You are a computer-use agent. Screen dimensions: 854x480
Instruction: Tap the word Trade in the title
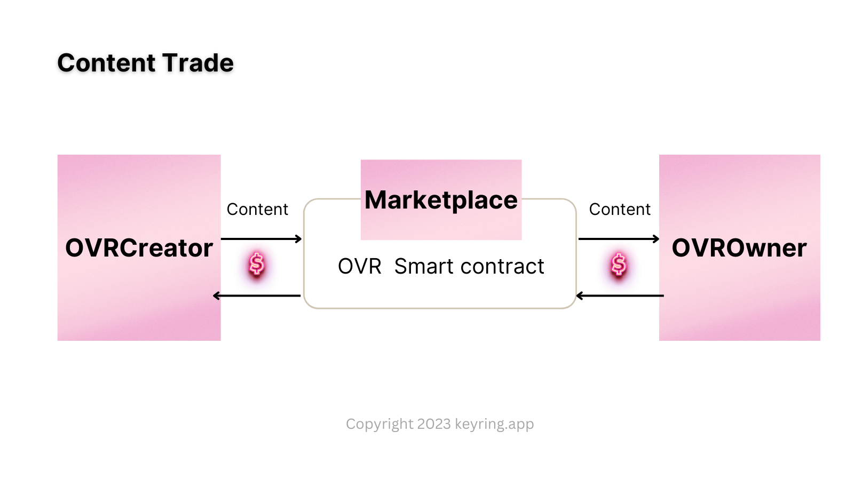click(198, 63)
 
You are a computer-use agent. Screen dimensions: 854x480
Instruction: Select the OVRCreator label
click(139, 248)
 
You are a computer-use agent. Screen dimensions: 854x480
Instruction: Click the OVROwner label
click(739, 248)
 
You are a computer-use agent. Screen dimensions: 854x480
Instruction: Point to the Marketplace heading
click(441, 201)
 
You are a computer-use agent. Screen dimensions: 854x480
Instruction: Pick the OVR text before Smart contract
click(360, 266)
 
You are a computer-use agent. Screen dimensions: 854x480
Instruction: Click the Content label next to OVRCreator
click(257, 210)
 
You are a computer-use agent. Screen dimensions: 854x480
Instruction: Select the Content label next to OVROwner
click(620, 210)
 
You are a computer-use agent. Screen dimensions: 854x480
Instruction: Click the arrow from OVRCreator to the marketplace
click(261, 239)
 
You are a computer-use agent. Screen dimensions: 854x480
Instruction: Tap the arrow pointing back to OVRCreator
click(257, 295)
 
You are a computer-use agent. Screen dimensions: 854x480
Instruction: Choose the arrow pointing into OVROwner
click(619, 239)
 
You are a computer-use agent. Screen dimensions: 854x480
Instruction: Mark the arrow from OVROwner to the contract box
click(620, 295)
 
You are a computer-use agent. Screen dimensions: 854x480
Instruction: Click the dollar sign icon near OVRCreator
click(257, 264)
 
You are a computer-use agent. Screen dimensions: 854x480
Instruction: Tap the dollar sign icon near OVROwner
click(619, 264)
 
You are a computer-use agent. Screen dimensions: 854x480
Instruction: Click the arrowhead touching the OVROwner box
click(657, 239)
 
